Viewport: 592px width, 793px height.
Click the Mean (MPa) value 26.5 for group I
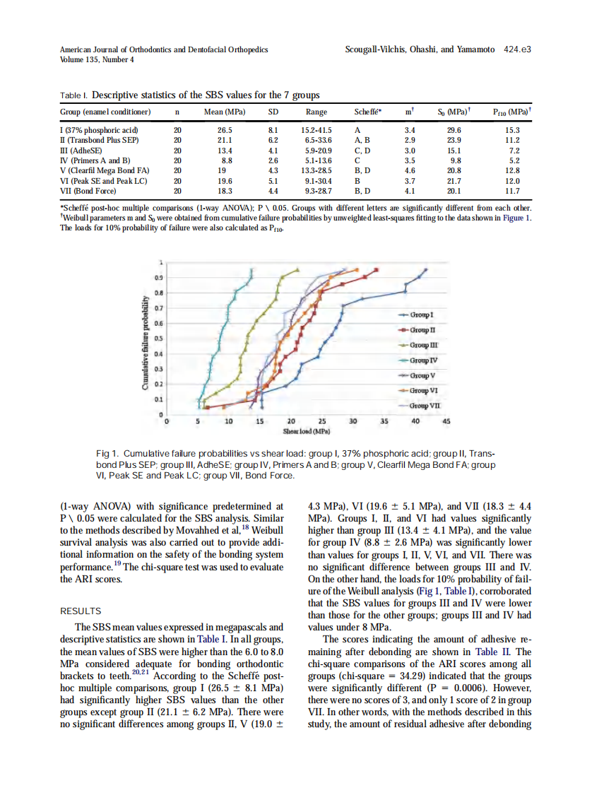coord(225,130)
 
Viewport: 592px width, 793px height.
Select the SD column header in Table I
coord(273,112)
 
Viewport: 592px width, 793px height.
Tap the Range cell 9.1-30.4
coord(316,180)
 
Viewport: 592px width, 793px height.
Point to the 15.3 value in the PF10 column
coord(513,130)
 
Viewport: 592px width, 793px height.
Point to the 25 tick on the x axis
coord(322,422)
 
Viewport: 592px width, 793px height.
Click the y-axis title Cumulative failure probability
coord(145,347)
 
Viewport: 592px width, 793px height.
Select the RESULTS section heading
coord(81,611)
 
